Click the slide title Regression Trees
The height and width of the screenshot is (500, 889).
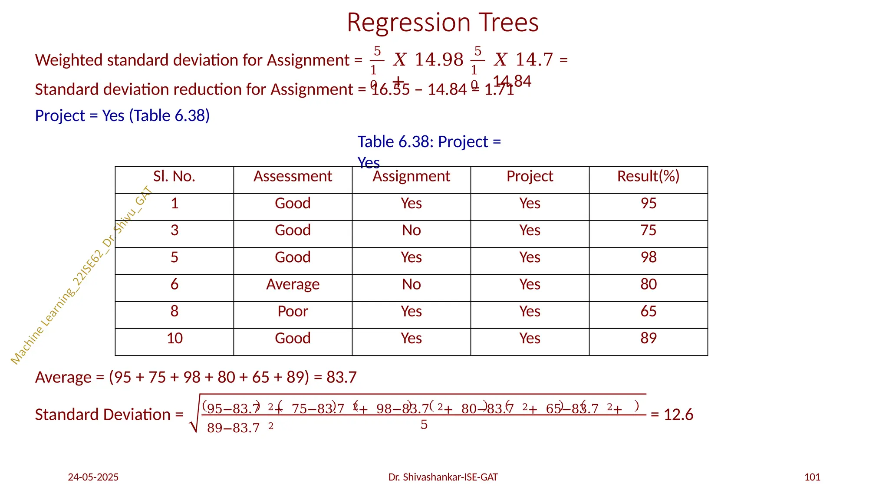coord(442,23)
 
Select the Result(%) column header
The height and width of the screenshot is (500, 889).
coord(648,176)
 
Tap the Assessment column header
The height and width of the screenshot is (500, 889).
coord(293,176)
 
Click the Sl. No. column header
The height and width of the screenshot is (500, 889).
coord(174,176)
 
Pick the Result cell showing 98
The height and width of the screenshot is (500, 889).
coord(648,257)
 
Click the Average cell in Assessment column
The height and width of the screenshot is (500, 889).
coord(293,284)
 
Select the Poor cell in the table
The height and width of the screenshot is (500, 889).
coord(293,311)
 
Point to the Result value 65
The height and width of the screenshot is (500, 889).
coord(648,311)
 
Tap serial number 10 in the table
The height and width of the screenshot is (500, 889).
coord(175,338)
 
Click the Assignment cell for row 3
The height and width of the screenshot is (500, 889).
coord(411,230)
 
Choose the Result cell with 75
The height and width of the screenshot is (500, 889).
coord(648,230)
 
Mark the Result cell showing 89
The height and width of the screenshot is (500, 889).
coord(648,338)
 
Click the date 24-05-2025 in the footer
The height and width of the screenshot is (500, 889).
coord(93,477)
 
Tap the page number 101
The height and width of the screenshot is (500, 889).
coord(812,477)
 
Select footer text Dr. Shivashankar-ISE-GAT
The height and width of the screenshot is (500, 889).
coord(443,477)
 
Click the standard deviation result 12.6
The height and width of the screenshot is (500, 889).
coord(678,415)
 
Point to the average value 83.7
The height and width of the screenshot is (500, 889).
coord(341,378)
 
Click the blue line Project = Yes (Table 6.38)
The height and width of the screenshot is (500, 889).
coord(122,116)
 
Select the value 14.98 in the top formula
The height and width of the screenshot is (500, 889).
coord(439,60)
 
